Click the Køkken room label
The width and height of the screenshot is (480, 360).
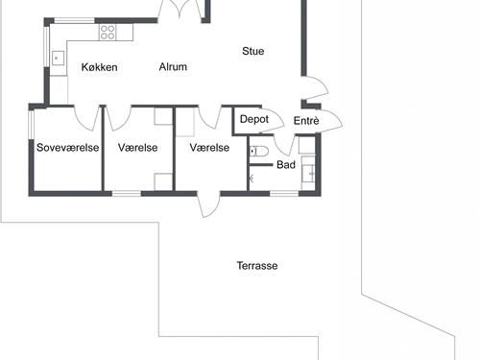point(99,67)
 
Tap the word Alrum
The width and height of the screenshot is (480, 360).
point(173,67)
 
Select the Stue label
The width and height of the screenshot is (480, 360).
point(253,51)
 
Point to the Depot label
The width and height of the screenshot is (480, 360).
point(253,120)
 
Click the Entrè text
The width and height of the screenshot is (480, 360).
point(306,121)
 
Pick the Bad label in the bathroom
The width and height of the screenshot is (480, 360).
point(286,165)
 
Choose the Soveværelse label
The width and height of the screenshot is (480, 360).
point(67,148)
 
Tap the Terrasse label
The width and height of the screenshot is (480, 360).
point(257,266)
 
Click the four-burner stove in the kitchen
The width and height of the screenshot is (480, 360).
point(108,32)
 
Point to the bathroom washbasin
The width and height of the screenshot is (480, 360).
point(308,172)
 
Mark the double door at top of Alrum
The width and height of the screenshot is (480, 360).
point(183,12)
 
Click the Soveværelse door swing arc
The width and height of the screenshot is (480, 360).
point(87,118)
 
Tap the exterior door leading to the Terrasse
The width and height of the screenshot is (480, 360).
point(208,205)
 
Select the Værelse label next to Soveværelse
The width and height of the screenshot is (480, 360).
point(137,148)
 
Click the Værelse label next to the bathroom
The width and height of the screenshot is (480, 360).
point(209,148)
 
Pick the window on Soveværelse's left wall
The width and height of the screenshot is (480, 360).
point(32,124)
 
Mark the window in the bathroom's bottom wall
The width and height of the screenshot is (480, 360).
point(283,193)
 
